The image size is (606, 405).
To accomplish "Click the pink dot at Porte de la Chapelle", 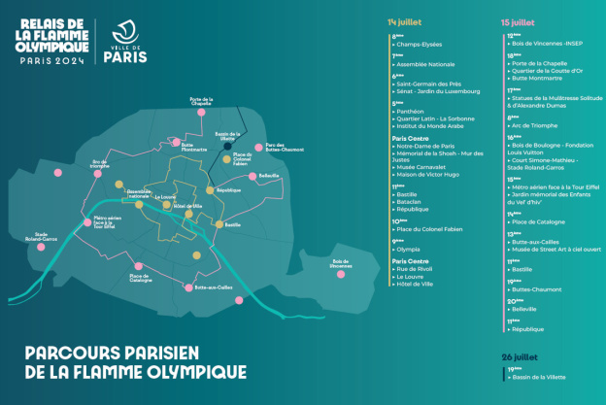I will coord(201,112).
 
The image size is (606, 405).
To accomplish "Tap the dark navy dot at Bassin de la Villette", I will coord(227,147).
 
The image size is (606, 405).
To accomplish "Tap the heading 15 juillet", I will coord(518,20).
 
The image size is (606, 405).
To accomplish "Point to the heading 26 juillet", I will coord(519,355).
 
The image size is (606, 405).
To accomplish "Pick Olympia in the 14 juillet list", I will coord(408,249).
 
